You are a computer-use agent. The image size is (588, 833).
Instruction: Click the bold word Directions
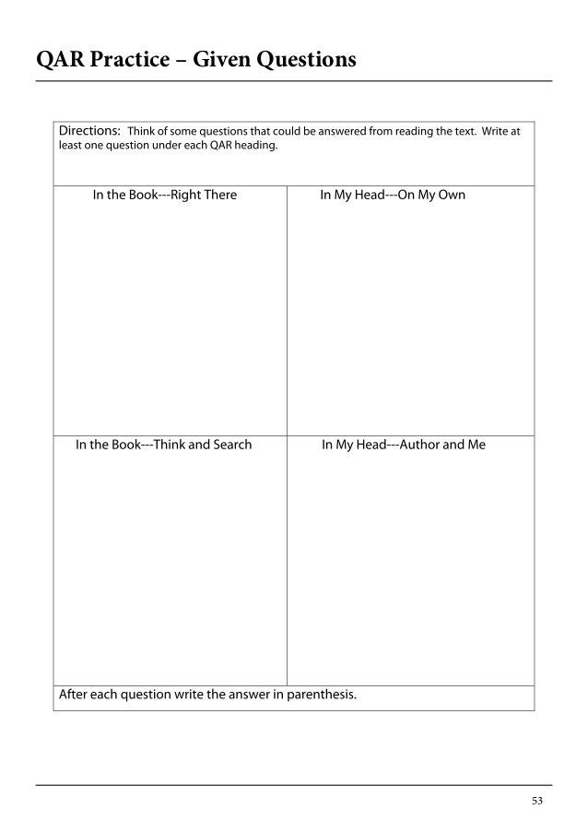(x=89, y=130)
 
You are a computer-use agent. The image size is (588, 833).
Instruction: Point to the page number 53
(x=537, y=801)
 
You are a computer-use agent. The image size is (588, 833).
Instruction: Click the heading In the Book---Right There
(x=165, y=196)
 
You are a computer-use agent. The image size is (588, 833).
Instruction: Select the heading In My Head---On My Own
(x=393, y=196)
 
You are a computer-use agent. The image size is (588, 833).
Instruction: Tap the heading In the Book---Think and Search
(x=163, y=445)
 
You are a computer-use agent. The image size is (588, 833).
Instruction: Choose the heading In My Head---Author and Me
(x=404, y=445)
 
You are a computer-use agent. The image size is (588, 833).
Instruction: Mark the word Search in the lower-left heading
(x=229, y=445)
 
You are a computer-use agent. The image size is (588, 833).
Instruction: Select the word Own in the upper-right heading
(x=452, y=196)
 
